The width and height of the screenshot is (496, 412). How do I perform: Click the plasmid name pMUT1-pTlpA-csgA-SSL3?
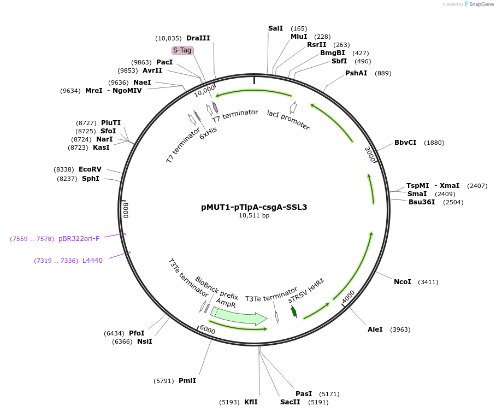[x=254, y=207]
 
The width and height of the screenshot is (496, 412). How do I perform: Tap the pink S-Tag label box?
[x=182, y=50]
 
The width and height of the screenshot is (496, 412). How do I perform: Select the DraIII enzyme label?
[x=198, y=38]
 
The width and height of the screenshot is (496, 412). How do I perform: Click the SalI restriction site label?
[x=275, y=28]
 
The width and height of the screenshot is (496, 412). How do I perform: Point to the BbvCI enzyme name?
[x=405, y=143]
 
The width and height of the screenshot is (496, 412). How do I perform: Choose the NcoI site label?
[x=403, y=281]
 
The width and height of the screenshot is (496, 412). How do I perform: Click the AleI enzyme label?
[x=375, y=329]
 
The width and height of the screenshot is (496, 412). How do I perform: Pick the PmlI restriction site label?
[x=187, y=381]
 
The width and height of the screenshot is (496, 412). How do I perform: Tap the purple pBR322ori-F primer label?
[x=79, y=239]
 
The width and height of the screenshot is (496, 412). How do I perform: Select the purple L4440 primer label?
[x=92, y=261]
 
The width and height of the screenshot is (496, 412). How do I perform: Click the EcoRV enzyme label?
[x=90, y=169]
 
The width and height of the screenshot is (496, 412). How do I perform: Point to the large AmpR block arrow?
[x=239, y=316]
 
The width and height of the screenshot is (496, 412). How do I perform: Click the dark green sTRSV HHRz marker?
[x=294, y=311]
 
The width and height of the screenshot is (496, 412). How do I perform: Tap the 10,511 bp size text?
[x=254, y=215]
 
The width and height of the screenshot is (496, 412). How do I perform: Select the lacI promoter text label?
[x=288, y=120]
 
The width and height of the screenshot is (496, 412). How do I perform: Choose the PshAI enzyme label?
[x=356, y=73]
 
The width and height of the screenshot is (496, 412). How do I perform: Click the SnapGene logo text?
[x=481, y=4]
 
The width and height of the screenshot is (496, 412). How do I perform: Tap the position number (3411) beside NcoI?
[x=428, y=282]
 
